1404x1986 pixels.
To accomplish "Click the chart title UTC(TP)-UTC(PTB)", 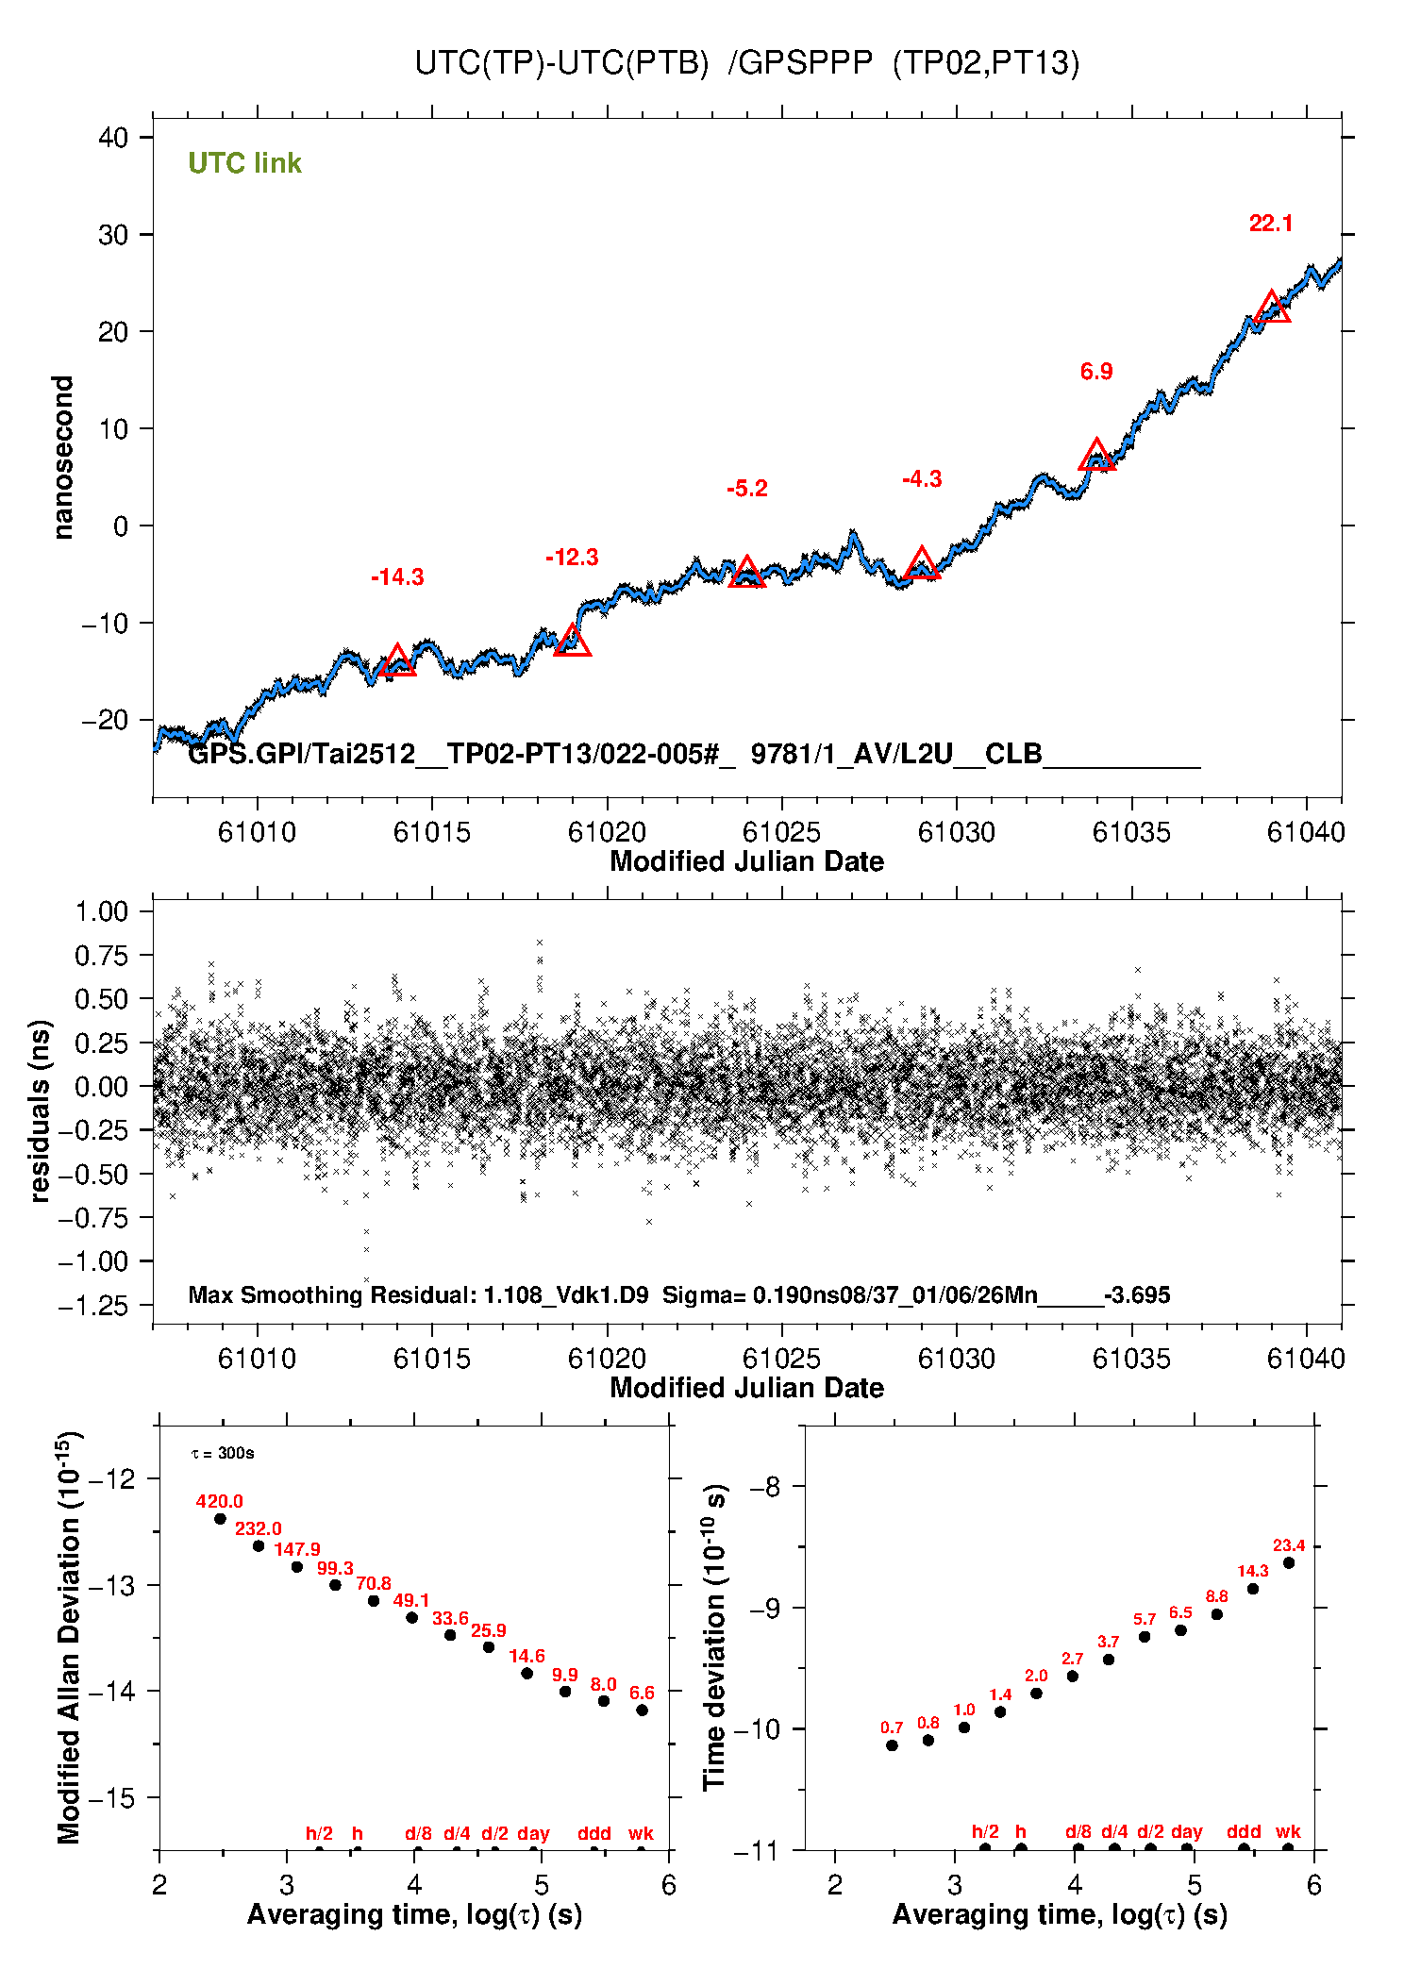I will pos(561,63).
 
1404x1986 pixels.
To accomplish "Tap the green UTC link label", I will pos(244,163).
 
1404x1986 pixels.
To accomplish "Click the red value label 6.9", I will pos(1096,372).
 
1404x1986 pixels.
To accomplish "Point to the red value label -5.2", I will pos(747,489).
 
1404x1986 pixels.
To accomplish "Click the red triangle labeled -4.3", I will pos(922,564).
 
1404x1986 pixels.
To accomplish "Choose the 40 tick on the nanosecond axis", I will pos(113,138).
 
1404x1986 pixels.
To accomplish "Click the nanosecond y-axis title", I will pos(63,458).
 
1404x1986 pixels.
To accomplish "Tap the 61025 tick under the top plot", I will pos(781,832).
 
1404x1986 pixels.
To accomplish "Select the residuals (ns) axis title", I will pos(40,1110).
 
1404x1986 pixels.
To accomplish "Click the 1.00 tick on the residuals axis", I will pos(101,911).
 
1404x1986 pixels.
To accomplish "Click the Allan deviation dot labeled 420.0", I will pos(220,1519).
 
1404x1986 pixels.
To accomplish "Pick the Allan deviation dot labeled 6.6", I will pos(642,1710).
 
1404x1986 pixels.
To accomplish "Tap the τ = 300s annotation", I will pos(223,1453).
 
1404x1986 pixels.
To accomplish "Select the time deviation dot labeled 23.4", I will pos(1289,1563).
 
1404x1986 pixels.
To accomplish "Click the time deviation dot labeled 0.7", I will pos(892,1745).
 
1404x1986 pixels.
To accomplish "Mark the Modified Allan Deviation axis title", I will pos(69,1637).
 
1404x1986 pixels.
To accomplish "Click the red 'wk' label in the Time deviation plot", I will pos(1288,1832).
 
